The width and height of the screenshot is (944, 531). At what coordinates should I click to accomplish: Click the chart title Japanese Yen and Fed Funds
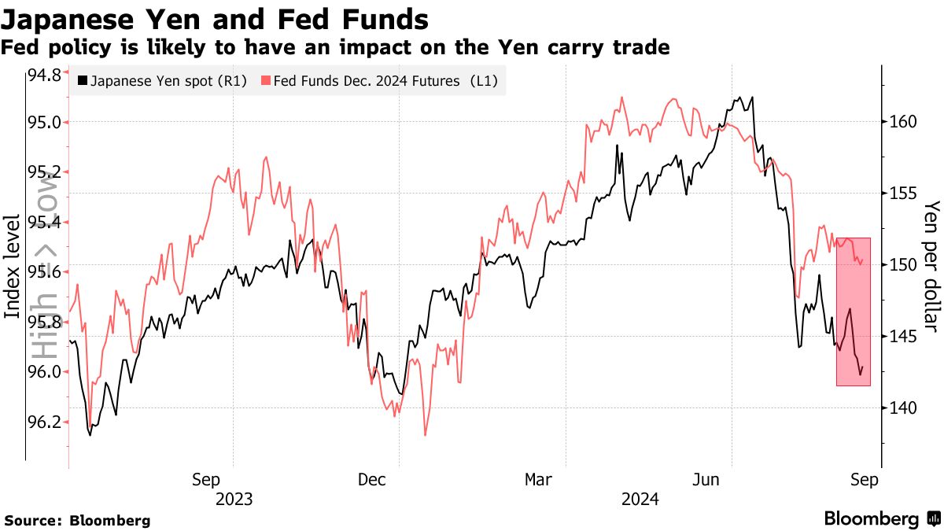tap(215, 19)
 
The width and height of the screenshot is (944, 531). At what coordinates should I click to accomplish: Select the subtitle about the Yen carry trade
tap(335, 48)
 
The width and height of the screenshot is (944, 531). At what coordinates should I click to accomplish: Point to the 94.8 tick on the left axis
tap(44, 76)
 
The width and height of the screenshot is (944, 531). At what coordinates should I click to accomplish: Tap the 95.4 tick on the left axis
tap(44, 223)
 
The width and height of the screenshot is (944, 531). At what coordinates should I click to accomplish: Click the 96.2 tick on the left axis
tap(44, 422)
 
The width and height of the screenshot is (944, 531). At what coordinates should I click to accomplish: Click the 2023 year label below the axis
tap(233, 499)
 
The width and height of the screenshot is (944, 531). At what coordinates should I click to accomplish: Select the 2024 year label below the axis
tap(640, 499)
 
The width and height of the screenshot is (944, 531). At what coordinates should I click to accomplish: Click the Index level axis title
tap(13, 266)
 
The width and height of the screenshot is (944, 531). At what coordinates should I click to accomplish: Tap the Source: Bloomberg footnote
tap(77, 520)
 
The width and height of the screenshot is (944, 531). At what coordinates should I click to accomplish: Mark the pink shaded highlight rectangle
tap(854, 312)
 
